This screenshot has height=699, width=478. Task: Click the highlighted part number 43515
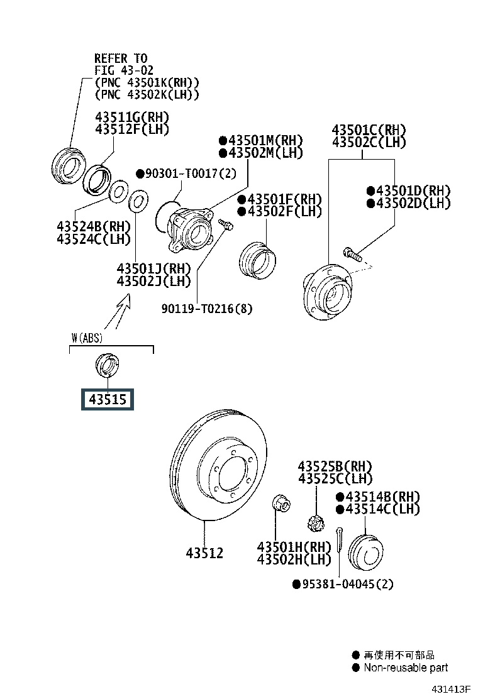point(107,399)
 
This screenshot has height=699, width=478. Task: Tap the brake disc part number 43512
point(204,553)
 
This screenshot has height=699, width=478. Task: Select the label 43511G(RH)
point(132,118)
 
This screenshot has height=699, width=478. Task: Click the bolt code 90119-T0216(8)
point(208,309)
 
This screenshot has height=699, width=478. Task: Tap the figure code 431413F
point(451,690)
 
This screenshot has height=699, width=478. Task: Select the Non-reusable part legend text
point(406,668)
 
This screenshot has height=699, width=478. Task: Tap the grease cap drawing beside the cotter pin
point(364,551)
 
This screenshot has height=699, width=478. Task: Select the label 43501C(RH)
point(369,130)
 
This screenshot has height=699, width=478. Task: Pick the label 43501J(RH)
point(153,268)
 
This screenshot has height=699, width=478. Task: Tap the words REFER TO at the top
point(121,58)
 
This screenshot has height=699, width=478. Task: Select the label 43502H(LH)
point(294,559)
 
